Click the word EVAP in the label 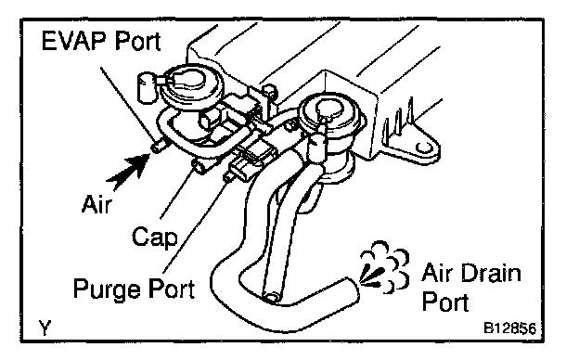point(75,41)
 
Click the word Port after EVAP point(137,41)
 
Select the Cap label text point(155,237)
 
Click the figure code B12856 point(510,328)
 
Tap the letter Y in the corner point(45,328)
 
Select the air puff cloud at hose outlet point(384,266)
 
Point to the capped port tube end point(199,168)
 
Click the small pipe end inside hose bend point(273,297)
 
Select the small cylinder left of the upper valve point(146,87)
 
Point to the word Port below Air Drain point(445,302)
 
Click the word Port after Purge point(172,289)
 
